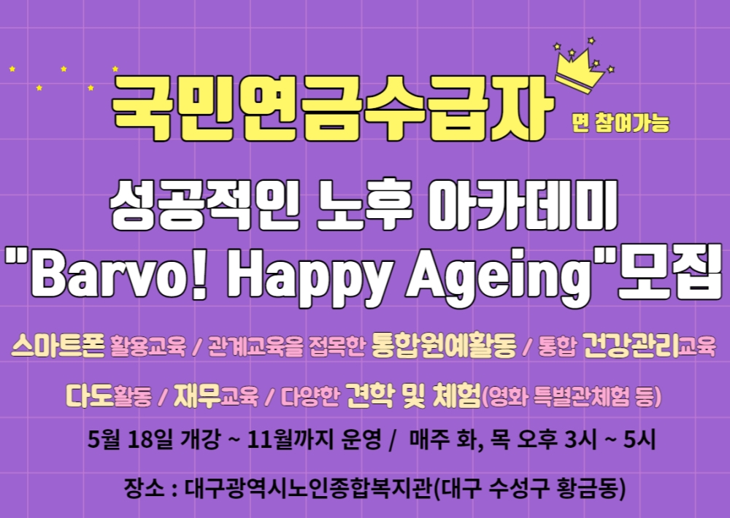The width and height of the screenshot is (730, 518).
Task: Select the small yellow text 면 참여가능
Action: (620, 123)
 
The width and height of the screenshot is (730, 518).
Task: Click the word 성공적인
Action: (205, 205)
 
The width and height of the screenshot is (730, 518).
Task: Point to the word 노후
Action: (366, 205)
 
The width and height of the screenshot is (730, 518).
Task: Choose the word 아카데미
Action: (523, 205)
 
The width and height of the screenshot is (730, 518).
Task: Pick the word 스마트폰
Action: (58, 345)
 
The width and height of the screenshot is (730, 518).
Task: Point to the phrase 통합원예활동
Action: (444, 345)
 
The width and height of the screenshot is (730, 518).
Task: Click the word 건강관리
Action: (631, 345)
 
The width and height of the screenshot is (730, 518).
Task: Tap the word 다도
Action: (89, 395)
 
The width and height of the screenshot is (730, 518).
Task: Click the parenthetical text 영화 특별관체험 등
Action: (571, 396)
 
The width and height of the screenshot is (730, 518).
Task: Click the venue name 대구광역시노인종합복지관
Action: (309, 488)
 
